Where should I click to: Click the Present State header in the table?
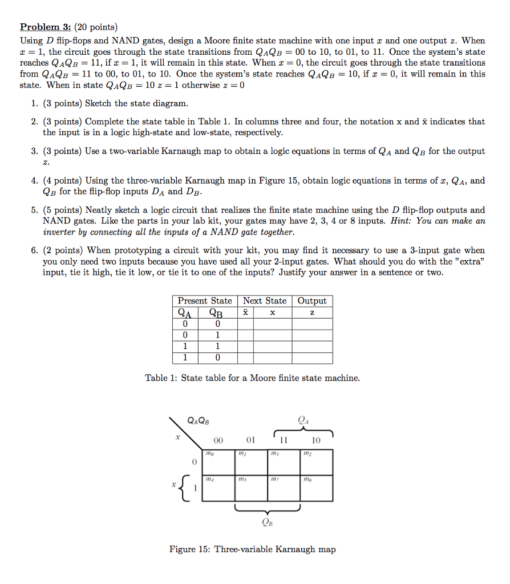[x=205, y=301]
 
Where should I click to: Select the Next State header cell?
[x=265, y=301]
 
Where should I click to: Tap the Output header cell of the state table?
[x=312, y=301]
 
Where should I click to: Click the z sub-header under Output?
[x=312, y=313]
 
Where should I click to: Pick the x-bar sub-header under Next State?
[x=245, y=313]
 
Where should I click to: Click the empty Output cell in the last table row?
[x=312, y=358]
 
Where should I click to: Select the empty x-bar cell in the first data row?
[x=245, y=324]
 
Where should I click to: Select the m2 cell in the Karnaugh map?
[x=316, y=463]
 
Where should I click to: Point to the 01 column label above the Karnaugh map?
[x=251, y=440]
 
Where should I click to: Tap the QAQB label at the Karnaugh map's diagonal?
[x=198, y=421]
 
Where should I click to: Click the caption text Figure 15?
[x=192, y=549]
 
